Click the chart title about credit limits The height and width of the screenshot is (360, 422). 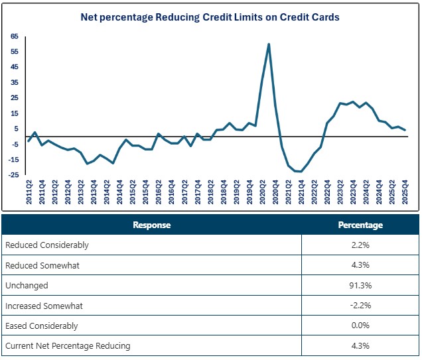pos(210,17)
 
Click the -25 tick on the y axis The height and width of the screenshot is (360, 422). pos(13,175)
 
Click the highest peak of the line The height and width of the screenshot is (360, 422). pos(269,44)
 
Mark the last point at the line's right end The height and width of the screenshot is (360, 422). pos(405,130)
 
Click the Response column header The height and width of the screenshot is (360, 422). pos(151,225)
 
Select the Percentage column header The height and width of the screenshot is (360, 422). pos(360,225)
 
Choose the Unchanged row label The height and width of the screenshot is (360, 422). pos(27,285)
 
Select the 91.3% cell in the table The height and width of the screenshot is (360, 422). pos(360,285)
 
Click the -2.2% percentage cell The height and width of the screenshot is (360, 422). pos(360,306)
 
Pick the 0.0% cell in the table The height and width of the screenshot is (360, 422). pos(360,326)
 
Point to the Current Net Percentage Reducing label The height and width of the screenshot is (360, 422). pos(68,345)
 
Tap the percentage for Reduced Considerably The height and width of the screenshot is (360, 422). pos(360,245)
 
